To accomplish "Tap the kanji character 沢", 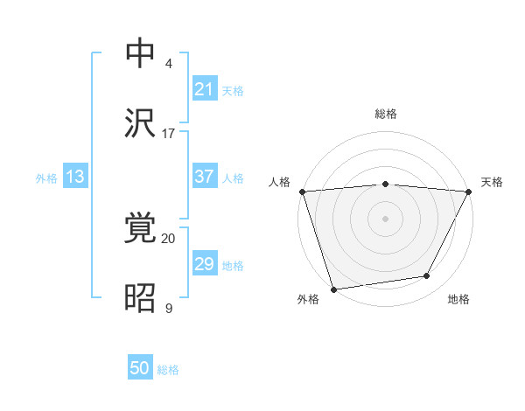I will [x=141, y=122].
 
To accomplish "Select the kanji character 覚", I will [x=141, y=228].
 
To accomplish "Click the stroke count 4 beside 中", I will [x=169, y=63].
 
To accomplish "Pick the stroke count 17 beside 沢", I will [x=169, y=133].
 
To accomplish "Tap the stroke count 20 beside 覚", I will [x=169, y=238].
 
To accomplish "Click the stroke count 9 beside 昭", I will [x=169, y=308].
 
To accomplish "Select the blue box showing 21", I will [x=204, y=89].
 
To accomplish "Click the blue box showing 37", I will [x=204, y=177].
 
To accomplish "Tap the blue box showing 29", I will [x=204, y=264].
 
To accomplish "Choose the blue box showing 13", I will [x=75, y=177].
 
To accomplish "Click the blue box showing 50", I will [x=140, y=369].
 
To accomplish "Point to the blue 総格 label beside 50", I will [x=168, y=370].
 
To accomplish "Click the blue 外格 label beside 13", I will [x=46, y=178].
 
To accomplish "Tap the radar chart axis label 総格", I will [x=385, y=114].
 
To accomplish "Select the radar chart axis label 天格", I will [x=492, y=182].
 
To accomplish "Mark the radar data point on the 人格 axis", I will [x=302, y=192].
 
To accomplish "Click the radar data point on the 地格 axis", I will [x=427, y=276].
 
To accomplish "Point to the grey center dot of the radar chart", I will [x=385, y=219].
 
